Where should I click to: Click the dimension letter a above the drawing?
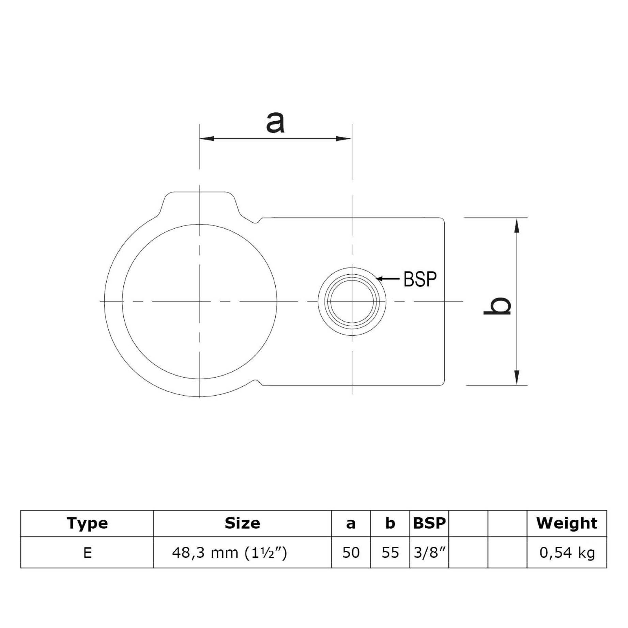tap(275, 123)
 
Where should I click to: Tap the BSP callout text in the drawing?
tap(420, 279)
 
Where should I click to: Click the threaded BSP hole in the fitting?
tap(352, 301)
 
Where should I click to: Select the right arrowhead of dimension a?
tap(343, 138)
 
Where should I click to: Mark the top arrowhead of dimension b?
tap(517, 226)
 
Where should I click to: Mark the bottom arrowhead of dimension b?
tap(517, 377)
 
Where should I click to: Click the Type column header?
tap(87, 523)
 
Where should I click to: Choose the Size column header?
tap(242, 523)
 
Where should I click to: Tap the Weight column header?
tap(567, 523)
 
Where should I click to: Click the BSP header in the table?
tap(429, 523)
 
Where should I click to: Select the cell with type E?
tap(87, 553)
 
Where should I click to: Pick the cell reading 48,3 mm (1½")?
tap(230, 553)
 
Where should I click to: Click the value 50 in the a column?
tap(351, 553)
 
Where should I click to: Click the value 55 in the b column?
tap(390, 553)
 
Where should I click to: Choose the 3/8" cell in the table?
tap(429, 553)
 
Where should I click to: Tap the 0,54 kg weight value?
tap(567, 553)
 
